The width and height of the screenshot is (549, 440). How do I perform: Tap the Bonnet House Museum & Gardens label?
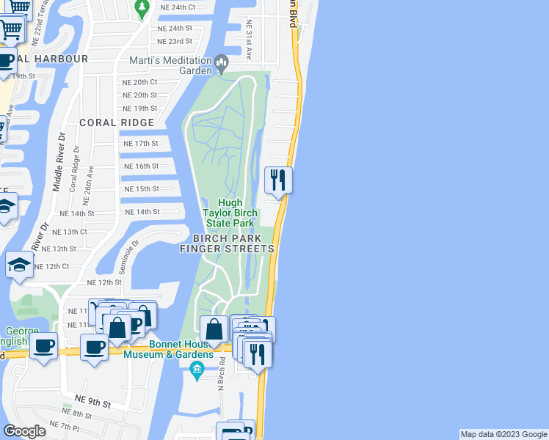pos(170,349)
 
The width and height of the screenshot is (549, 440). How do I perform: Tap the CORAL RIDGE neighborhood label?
pos(117,122)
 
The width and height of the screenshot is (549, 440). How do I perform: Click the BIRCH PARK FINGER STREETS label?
pos(233,243)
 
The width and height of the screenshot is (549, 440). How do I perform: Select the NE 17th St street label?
pos(142,144)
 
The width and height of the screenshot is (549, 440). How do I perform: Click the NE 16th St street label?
pos(142,166)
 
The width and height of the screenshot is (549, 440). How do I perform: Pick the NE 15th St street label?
pos(142,189)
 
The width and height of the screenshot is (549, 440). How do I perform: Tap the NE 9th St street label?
pos(92,402)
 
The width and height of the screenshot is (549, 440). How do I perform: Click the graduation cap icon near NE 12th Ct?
pos(19,266)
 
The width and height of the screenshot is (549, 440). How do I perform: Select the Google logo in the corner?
pos(24,430)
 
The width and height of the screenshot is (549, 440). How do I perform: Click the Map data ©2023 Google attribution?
pos(503,434)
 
